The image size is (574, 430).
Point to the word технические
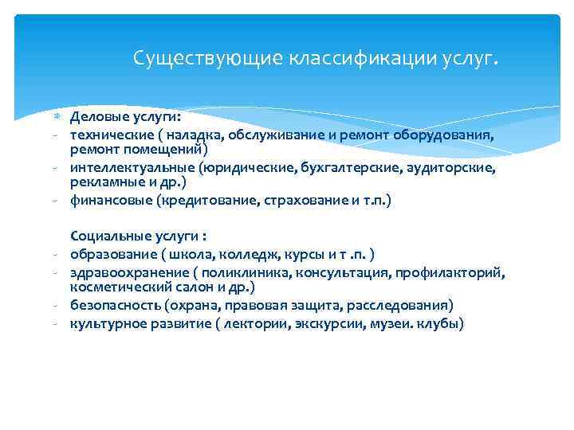tap(109, 135)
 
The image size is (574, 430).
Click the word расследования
tap(403, 306)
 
